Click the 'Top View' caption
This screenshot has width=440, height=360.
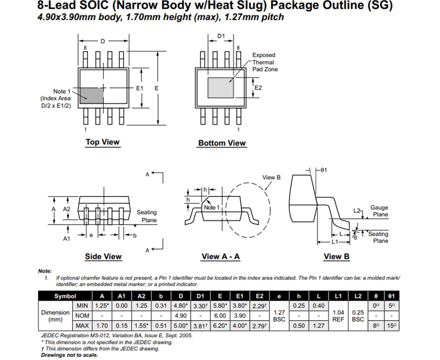[102, 142]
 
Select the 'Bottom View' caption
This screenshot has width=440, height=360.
[222, 143]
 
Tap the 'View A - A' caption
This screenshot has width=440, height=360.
[220, 256]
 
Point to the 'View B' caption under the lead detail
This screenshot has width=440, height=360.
[336, 256]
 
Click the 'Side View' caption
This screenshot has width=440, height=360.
[103, 256]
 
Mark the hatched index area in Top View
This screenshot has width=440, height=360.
[90, 94]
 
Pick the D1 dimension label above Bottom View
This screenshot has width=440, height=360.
[220, 36]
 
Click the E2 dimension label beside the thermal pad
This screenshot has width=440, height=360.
[258, 88]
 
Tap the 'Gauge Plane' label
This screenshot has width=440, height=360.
[379, 211]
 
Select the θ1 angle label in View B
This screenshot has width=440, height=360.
[323, 170]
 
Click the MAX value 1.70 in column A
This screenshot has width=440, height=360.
[102, 325]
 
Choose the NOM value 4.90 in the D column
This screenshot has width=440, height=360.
[180, 316]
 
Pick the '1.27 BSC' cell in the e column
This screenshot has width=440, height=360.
[279, 316]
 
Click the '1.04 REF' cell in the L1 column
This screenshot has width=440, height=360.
[338, 316]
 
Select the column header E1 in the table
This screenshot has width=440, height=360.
[240, 296]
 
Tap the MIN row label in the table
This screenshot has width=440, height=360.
[82, 305]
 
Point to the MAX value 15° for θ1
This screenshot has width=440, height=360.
[392, 325]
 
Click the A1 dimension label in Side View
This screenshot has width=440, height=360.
[66, 239]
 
